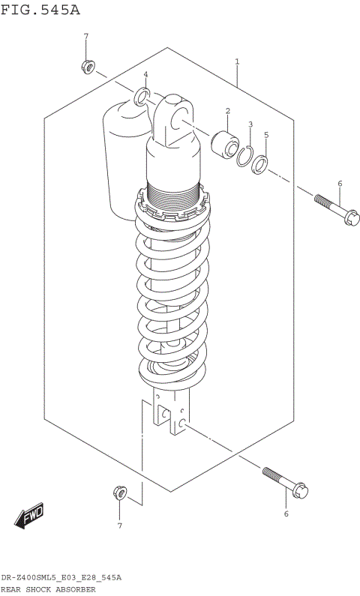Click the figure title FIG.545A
pyautogui.click(x=40, y=10)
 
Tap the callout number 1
pyautogui.click(x=237, y=61)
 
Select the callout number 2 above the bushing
pyautogui.click(x=226, y=112)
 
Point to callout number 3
pyautogui.click(x=250, y=124)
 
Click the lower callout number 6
pyautogui.click(x=285, y=514)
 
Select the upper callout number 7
pyautogui.click(x=85, y=37)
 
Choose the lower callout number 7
pyautogui.click(x=118, y=526)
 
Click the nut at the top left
pyautogui.click(x=87, y=67)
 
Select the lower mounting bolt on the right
pyautogui.click(x=284, y=482)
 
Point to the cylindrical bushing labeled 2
pyautogui.click(x=223, y=141)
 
